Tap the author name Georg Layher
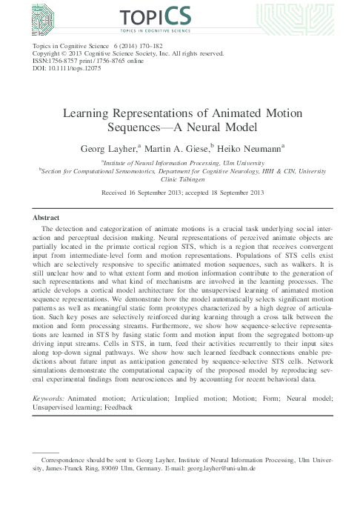pyautogui.click(x=111, y=149)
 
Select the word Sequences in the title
pyautogui.click(x=141, y=129)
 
